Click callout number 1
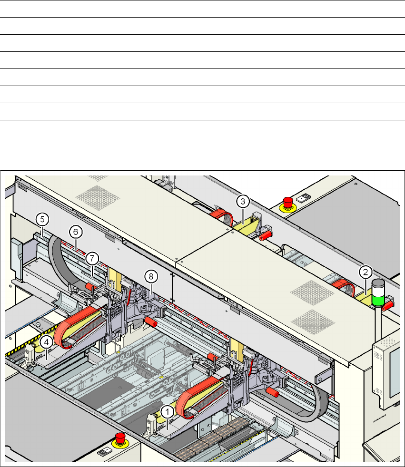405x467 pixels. tap(168, 412)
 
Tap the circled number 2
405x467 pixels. tap(365, 272)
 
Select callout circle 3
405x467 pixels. tap(243, 202)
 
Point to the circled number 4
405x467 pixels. tap(47, 342)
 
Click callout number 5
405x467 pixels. tap(42, 220)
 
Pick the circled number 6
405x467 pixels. tap(76, 232)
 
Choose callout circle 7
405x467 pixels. tap(92, 259)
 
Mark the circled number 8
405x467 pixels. tap(151, 277)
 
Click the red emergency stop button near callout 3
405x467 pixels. tap(287, 203)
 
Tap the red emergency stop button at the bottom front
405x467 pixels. tap(120, 439)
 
